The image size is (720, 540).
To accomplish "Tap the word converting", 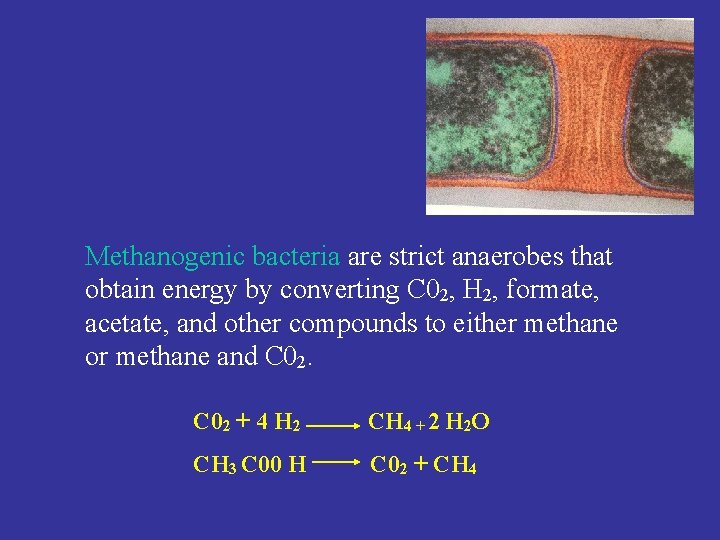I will pyautogui.click(x=340, y=291).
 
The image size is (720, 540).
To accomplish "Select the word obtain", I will pyautogui.click(x=118, y=291).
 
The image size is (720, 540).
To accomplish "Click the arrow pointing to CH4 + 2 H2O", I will pyautogui.click(x=334, y=425).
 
